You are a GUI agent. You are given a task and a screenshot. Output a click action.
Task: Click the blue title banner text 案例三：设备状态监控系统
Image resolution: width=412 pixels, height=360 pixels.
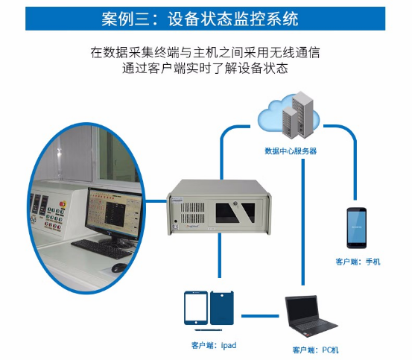200,19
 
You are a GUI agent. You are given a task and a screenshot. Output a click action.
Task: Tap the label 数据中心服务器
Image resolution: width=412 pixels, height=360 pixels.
291,151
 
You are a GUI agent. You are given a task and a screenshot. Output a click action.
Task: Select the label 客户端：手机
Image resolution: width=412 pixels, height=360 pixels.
358,262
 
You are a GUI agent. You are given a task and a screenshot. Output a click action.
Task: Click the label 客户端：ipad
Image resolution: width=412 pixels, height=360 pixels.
214,345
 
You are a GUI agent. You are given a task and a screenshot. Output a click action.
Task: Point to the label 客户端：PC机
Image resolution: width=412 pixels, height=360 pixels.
315,350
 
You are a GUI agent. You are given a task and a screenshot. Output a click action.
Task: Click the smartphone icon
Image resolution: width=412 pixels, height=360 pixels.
357,228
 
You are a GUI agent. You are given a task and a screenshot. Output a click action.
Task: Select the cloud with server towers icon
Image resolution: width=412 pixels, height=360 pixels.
289,115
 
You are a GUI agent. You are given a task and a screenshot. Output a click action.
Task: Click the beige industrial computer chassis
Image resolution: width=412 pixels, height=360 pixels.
219,207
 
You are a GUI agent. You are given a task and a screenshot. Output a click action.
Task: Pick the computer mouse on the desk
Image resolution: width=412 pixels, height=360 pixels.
119,268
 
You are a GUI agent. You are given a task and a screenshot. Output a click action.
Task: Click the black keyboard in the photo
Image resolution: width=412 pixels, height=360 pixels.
102,249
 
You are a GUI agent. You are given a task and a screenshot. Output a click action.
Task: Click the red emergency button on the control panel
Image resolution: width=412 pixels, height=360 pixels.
63,204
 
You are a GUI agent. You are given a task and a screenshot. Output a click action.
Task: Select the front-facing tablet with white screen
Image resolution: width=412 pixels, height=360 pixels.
196,308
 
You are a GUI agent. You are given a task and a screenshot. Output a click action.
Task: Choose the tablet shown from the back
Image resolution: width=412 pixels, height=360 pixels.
222,308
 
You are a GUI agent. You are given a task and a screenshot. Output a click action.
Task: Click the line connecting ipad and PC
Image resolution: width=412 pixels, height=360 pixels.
260,316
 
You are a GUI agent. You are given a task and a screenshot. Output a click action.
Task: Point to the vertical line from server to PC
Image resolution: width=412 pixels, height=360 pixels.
303,222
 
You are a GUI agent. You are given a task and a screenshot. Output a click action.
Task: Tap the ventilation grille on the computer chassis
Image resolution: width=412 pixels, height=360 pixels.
192,213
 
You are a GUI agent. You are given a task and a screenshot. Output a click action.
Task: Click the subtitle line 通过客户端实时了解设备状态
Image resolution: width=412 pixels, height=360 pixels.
205,69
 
